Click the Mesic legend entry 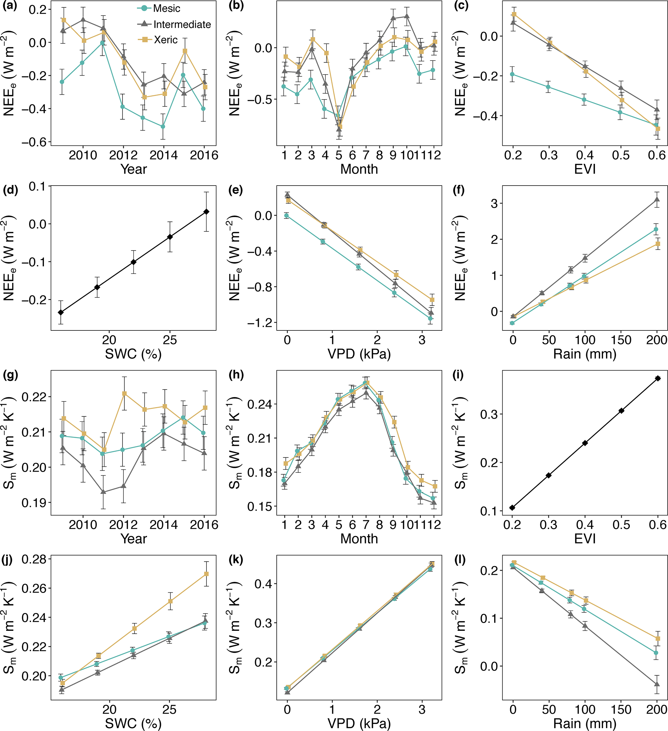click(x=166, y=8)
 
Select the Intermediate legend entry click(x=182, y=24)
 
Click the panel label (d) click(x=10, y=190)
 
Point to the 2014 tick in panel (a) click(x=164, y=155)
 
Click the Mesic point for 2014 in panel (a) click(x=163, y=126)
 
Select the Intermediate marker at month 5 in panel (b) click(x=339, y=129)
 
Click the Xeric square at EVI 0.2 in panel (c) click(x=514, y=14)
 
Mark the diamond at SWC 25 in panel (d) click(x=170, y=237)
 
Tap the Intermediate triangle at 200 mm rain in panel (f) click(x=657, y=199)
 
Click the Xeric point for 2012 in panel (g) click(x=124, y=393)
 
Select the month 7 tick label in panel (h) click(x=366, y=525)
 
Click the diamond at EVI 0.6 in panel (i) click(x=657, y=379)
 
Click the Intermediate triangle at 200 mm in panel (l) click(x=657, y=684)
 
